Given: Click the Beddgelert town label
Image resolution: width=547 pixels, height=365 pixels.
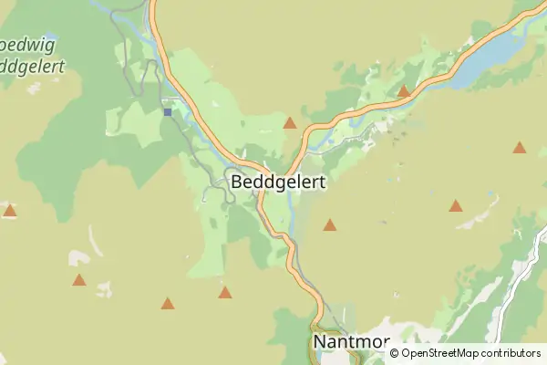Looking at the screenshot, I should pyautogui.click(x=278, y=182).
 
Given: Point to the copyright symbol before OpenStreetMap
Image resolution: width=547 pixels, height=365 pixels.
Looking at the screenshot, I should pyautogui.click(x=395, y=353).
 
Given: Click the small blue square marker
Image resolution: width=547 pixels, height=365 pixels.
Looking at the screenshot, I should pyautogui.click(x=168, y=112).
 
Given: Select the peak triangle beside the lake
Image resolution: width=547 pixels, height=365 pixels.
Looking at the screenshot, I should pyautogui.click(x=404, y=91).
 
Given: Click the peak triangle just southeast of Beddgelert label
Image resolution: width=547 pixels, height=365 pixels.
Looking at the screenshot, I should pyautogui.click(x=330, y=224).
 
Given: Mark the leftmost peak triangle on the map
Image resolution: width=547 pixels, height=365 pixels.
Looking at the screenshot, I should pyautogui.click(x=10, y=211).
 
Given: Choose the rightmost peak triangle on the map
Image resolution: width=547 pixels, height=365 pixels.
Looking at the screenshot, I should pyautogui.click(x=520, y=148).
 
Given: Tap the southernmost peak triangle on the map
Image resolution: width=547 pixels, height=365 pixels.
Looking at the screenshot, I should pyautogui.click(x=168, y=303).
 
